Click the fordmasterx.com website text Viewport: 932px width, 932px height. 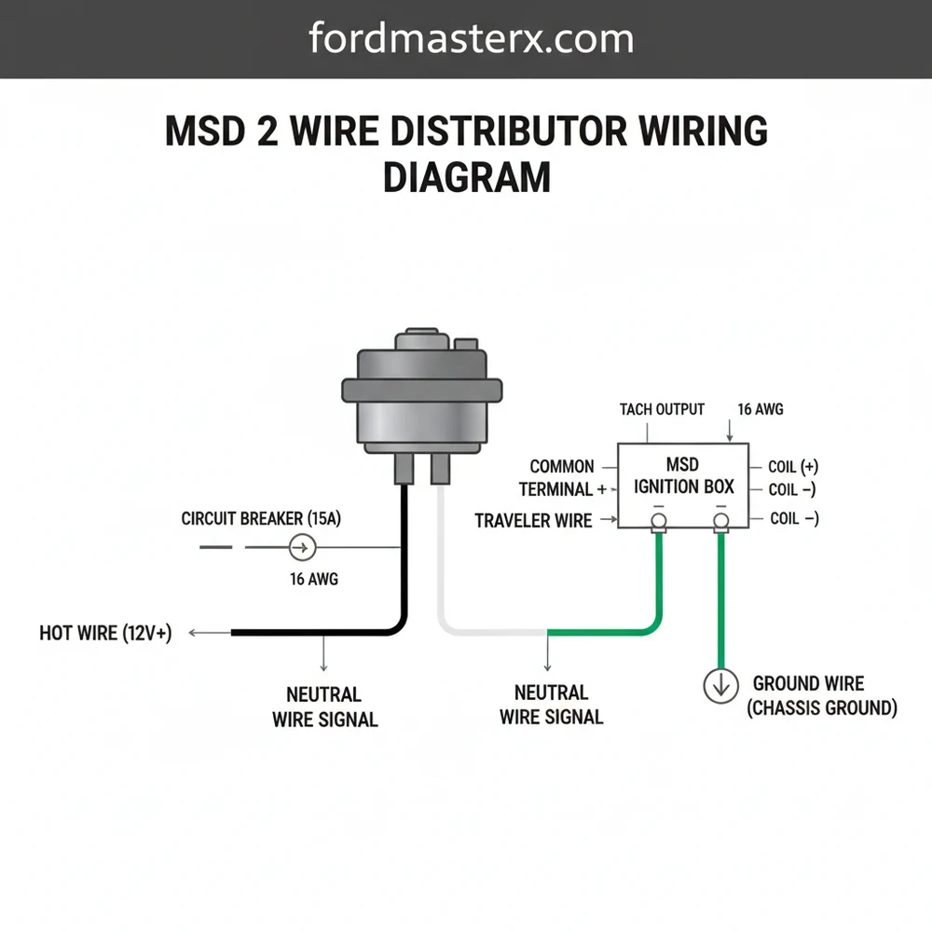[x=471, y=39]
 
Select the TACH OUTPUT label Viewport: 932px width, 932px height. [x=662, y=409]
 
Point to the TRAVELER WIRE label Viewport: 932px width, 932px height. [x=533, y=521]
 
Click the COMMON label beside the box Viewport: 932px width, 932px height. [x=561, y=466]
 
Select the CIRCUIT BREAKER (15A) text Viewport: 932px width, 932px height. [x=261, y=518]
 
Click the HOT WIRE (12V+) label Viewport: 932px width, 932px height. [x=105, y=634]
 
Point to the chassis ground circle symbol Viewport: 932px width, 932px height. [x=720, y=687]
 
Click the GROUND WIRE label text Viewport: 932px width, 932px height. [x=808, y=684]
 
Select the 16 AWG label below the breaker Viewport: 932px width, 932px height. [x=313, y=579]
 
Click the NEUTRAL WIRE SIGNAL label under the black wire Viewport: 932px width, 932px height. [x=324, y=706]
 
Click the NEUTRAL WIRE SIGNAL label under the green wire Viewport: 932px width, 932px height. [x=551, y=705]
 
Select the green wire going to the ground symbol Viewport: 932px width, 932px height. [x=720, y=596]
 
